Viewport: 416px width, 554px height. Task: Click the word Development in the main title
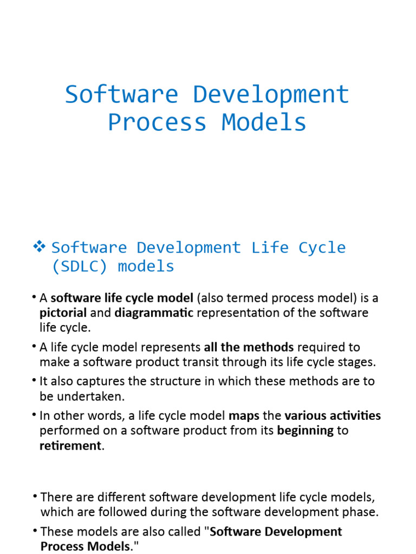[271, 95]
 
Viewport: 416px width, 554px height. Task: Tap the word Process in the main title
[157, 122]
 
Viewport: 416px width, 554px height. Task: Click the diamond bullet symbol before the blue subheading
[39, 247]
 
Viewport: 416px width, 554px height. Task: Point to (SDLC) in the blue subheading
[81, 266]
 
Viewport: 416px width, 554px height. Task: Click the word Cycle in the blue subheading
[322, 248]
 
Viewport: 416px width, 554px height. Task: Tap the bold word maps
[244, 415]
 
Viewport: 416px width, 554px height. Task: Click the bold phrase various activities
[333, 415]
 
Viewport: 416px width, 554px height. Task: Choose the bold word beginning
[305, 431]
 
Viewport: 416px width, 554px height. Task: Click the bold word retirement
[70, 446]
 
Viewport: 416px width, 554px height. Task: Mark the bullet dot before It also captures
[35, 381]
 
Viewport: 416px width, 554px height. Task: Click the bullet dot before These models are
[35, 531]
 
